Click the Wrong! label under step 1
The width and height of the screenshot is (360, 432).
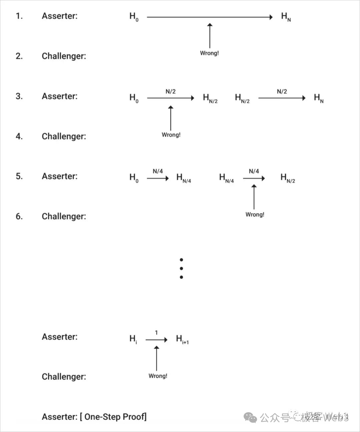tap(209, 53)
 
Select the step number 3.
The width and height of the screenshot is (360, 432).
tap(19, 96)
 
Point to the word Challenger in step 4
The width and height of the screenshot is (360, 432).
tap(64, 136)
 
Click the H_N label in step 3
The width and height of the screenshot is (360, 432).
tap(319, 98)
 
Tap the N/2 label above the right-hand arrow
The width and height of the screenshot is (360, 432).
tap(282, 91)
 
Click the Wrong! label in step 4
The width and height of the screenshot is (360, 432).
tap(171, 135)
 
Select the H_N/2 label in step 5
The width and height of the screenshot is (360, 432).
tap(288, 178)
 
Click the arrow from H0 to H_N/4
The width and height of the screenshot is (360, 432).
tap(158, 178)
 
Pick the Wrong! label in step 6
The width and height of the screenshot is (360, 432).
tap(255, 214)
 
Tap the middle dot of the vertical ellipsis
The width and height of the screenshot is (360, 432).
tap(181, 268)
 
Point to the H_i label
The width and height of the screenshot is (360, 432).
tap(133, 339)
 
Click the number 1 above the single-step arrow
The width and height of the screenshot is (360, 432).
tap(156, 333)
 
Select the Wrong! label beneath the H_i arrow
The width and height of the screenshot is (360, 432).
tap(158, 376)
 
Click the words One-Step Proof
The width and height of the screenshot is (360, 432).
tap(115, 417)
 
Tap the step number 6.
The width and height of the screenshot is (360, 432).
tap(19, 217)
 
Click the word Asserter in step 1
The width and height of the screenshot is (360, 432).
tap(59, 16)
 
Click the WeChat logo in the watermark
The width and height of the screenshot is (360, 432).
tap(250, 417)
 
